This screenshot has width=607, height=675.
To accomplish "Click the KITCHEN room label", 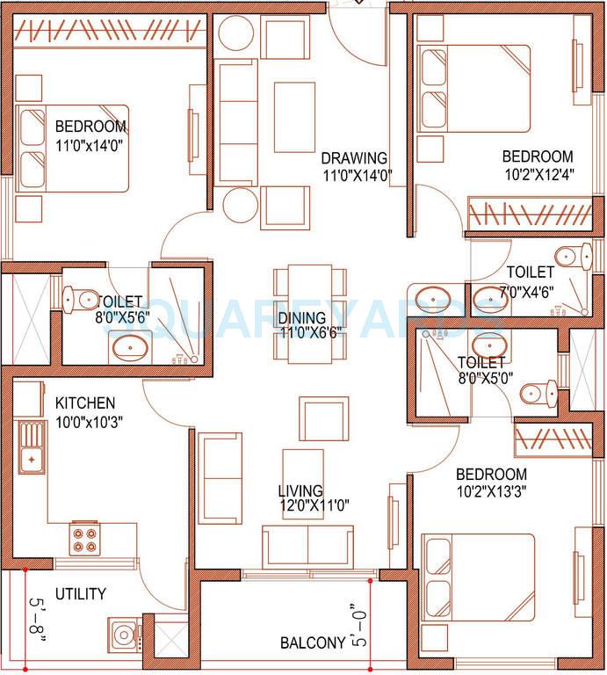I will (85, 403).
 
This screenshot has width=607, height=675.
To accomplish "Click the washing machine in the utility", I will (122, 634).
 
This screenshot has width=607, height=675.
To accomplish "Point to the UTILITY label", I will (80, 594).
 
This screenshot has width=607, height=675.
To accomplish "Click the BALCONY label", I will (312, 643).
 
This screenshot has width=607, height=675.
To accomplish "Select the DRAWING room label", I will (354, 158).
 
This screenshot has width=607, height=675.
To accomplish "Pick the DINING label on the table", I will (302, 317).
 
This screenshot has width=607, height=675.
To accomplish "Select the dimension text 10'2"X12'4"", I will (538, 174).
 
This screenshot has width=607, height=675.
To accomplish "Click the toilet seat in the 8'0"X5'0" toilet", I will (537, 394).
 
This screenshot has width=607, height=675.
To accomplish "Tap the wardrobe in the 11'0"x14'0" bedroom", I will (110, 33).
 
